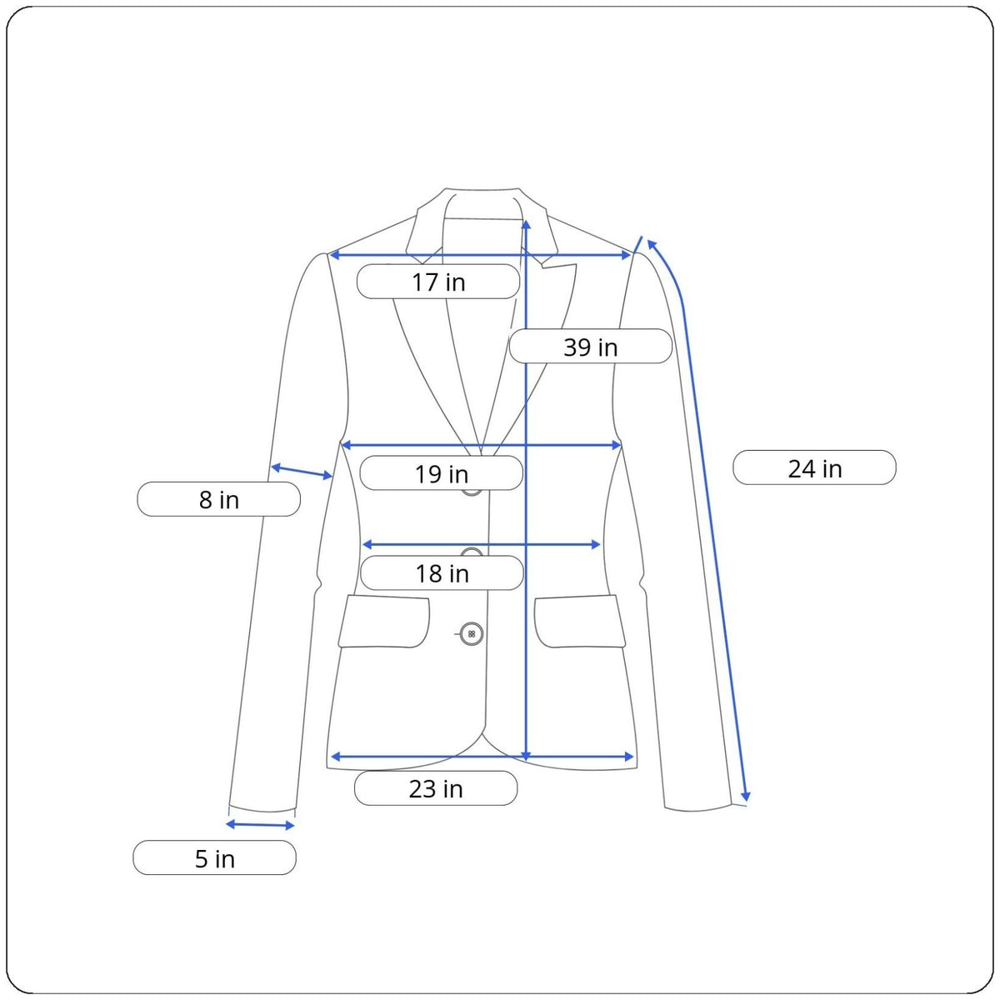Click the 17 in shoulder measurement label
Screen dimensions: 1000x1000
[x=438, y=282]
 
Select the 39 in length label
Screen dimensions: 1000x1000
[x=590, y=346]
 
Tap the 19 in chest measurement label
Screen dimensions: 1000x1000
[x=441, y=472]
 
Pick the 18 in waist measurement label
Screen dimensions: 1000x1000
[x=442, y=572]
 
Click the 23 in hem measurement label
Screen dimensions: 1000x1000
[x=435, y=788]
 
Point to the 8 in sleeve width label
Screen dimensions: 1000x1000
[x=218, y=498]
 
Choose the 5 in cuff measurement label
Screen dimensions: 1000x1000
[x=214, y=857]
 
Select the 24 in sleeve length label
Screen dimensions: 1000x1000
[x=814, y=467]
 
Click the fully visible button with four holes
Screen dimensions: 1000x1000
[x=471, y=633]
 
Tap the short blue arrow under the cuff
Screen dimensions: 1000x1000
[x=261, y=825]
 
